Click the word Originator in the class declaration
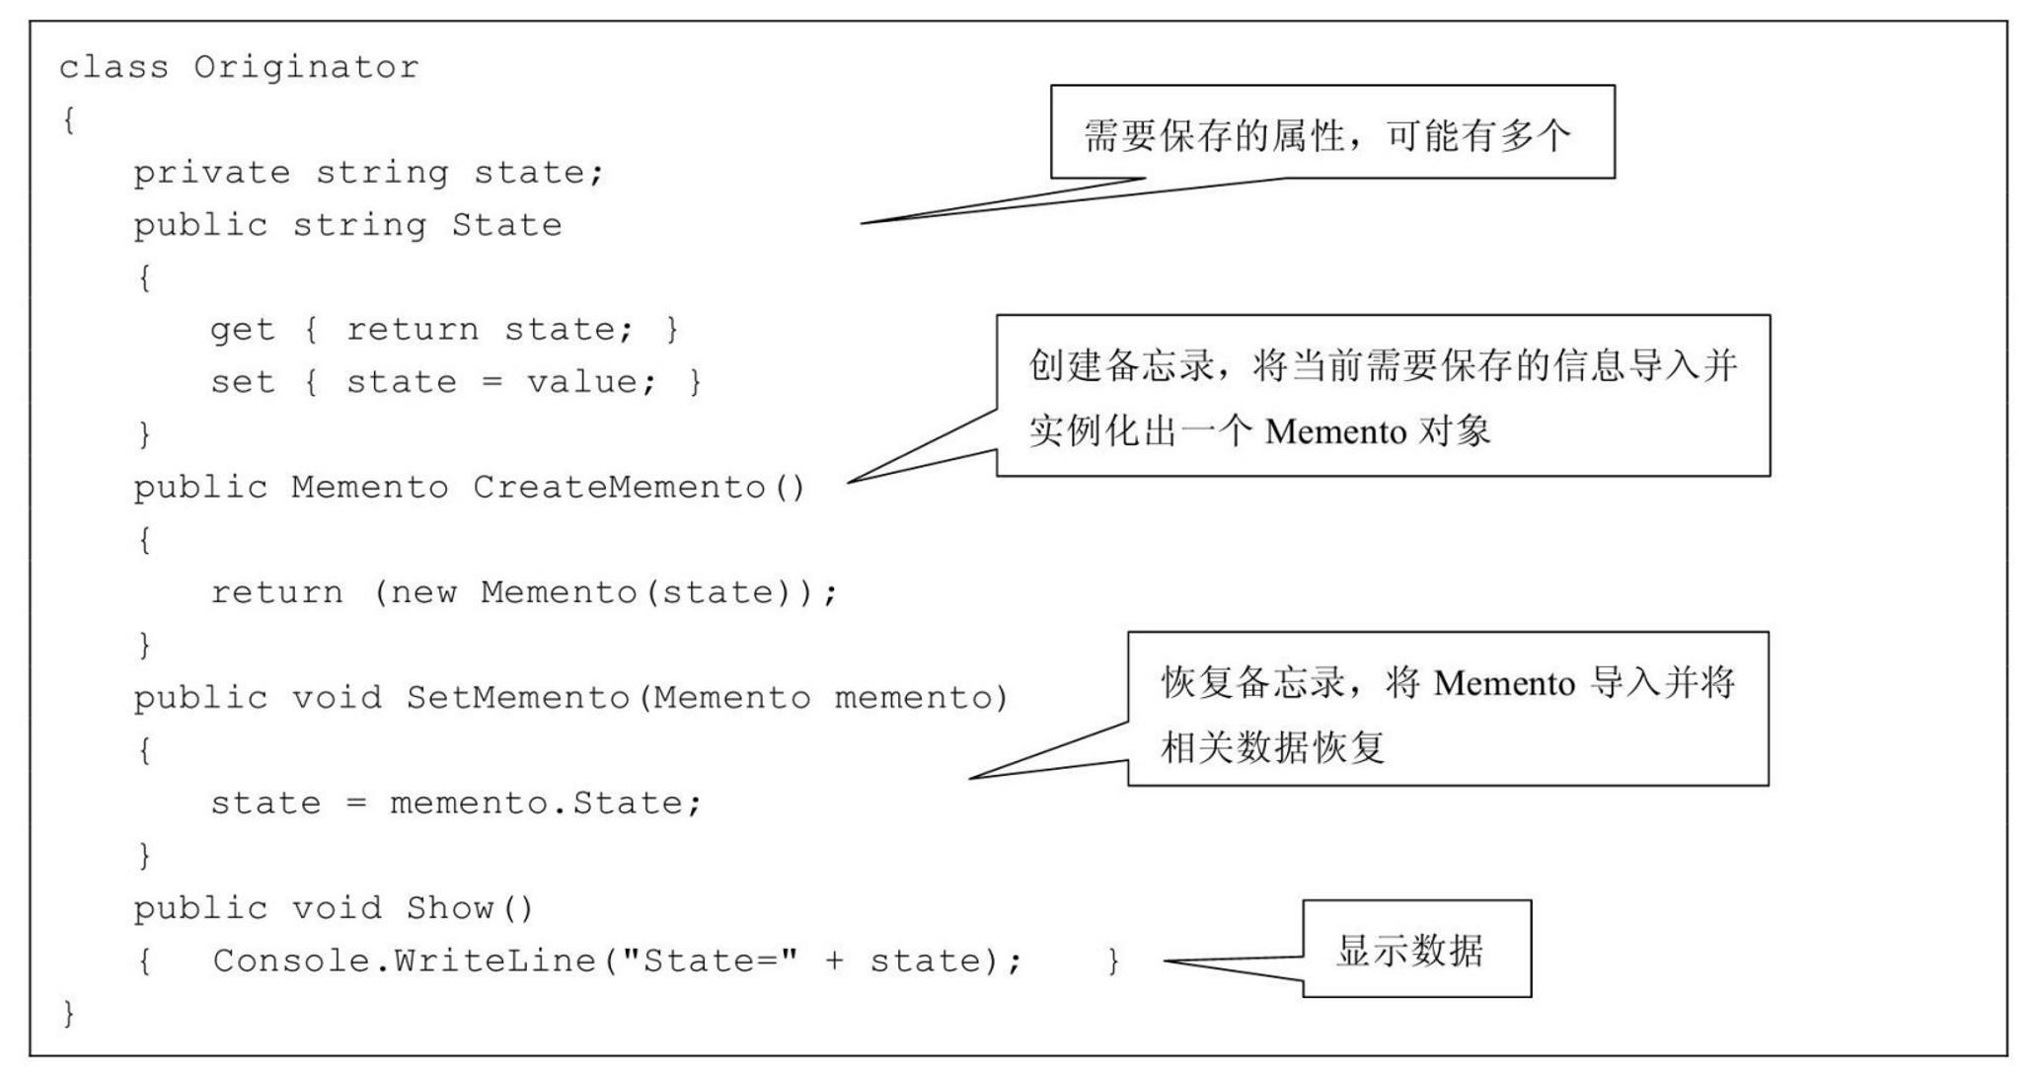point(306,67)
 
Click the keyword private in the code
point(212,173)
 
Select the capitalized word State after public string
point(506,225)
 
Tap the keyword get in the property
point(242,330)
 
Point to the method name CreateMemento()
point(639,488)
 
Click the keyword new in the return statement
point(423,592)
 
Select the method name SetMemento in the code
point(518,698)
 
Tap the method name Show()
point(469,908)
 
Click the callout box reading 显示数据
point(1415,950)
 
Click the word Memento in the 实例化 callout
point(1334,432)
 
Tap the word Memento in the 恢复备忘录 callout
point(1503,683)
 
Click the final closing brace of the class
point(68,1013)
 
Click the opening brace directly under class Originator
point(68,120)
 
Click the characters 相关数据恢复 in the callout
point(1273,747)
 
